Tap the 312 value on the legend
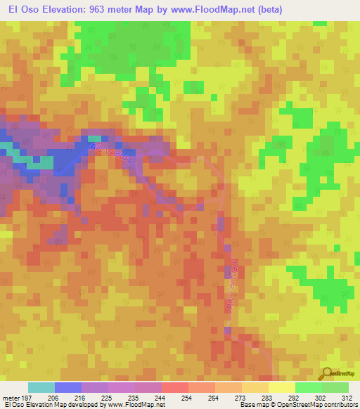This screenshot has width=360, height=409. (349, 397)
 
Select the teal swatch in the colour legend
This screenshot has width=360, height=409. (41, 387)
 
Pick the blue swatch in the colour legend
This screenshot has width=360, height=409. (68, 387)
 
